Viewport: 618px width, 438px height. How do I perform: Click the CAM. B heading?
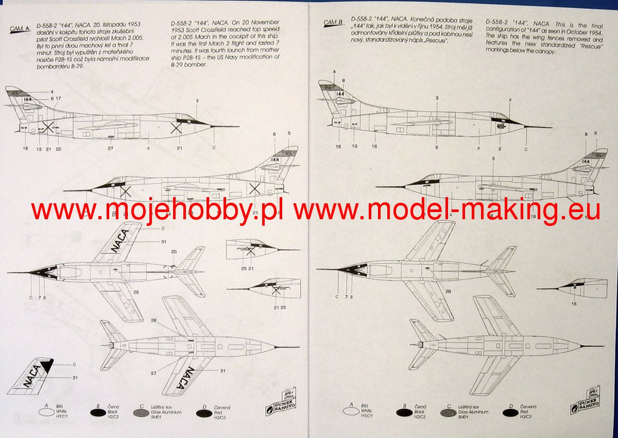click(x=333, y=22)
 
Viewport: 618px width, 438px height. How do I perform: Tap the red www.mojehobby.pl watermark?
click(x=157, y=210)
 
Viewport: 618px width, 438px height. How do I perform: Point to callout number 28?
click(x=154, y=320)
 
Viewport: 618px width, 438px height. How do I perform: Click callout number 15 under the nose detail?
click(x=574, y=303)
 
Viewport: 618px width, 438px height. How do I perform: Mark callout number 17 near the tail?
click(x=58, y=98)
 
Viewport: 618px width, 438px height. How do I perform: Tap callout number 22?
click(x=59, y=149)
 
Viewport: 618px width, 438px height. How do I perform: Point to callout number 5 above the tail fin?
click(x=289, y=134)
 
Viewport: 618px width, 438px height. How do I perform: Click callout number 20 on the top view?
click(x=174, y=251)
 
